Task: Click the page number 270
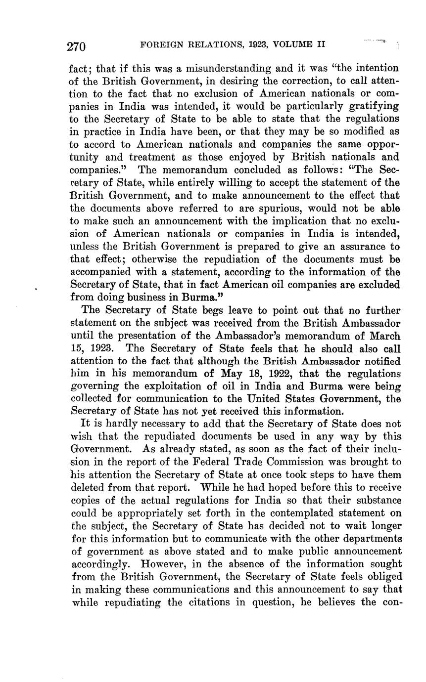77,46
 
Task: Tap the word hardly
112,425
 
